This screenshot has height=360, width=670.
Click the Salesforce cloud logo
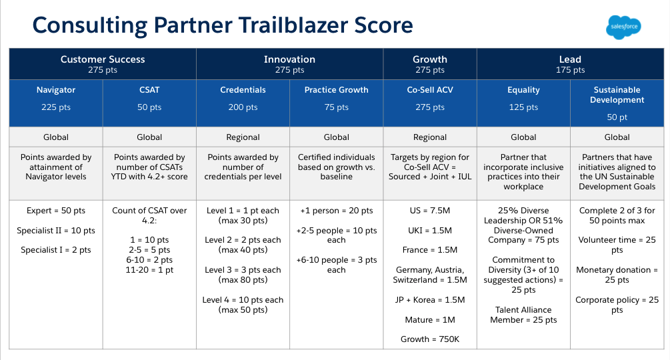[623, 27]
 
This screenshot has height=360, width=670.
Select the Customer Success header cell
[103, 64]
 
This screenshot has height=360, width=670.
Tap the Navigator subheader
[56, 103]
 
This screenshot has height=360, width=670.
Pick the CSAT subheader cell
[149, 103]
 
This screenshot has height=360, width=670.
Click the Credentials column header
[243, 103]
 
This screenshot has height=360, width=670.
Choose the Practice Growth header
[336, 103]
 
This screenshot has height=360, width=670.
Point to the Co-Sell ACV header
[430, 103]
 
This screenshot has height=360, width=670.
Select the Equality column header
[523, 103]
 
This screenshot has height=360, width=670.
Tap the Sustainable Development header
[617, 103]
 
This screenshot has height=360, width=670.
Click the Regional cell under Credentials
[243, 137]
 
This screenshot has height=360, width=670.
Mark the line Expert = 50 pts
[56, 211]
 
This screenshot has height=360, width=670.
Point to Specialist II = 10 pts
[56, 231]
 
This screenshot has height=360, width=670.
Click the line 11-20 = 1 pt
[149, 270]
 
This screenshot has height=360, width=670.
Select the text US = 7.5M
[430, 211]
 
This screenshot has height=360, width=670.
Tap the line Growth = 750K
[430, 339]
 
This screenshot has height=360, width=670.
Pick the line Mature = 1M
[430, 319]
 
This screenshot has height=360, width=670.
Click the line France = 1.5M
[430, 250]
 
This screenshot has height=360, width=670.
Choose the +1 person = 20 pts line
[336, 211]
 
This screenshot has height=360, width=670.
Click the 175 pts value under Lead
[571, 70]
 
